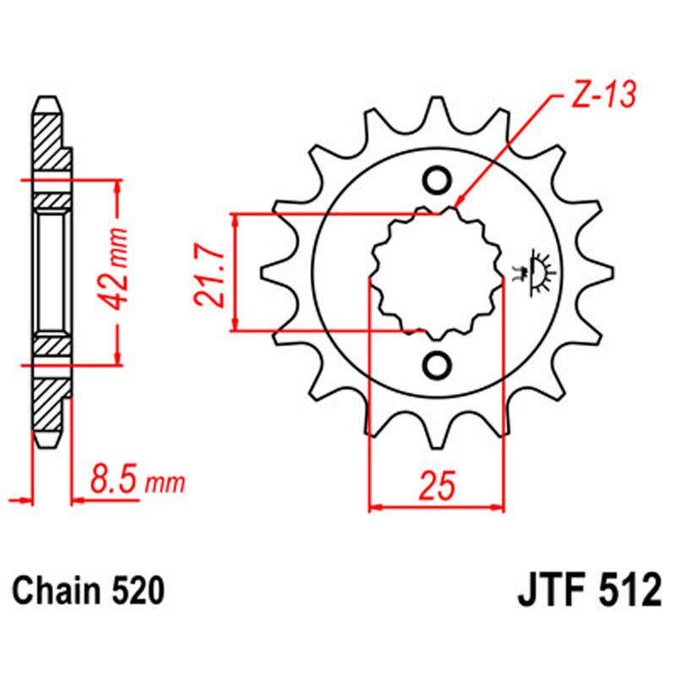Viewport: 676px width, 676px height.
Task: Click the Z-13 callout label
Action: click(597, 99)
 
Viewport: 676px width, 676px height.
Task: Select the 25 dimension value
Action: click(437, 486)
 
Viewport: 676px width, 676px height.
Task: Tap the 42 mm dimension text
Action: click(118, 268)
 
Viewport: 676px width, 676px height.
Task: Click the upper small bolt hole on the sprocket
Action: click(438, 180)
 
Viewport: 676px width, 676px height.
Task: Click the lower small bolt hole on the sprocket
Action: click(438, 364)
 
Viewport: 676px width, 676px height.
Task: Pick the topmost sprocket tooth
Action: click(437, 110)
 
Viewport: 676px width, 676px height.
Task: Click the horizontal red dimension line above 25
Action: click(437, 508)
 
